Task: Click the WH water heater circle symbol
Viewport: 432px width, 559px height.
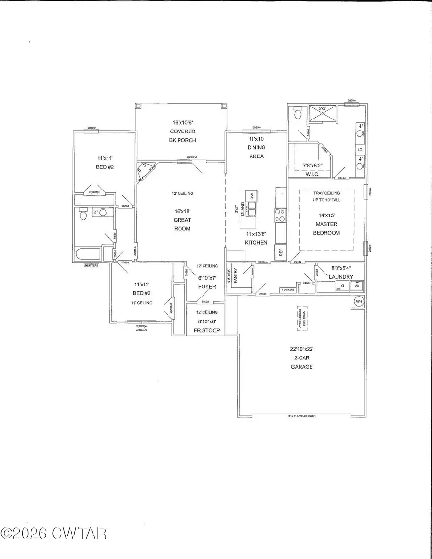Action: pyautogui.click(x=359, y=301)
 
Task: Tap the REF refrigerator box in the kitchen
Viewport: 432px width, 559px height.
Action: pyautogui.click(x=278, y=251)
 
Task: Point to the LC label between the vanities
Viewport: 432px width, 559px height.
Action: pyautogui.click(x=359, y=150)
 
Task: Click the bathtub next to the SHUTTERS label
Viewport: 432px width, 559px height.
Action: pyautogui.click(x=87, y=254)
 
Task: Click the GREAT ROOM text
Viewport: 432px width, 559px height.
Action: pyautogui.click(x=182, y=224)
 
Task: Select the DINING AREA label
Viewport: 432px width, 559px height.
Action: pyautogui.click(x=257, y=152)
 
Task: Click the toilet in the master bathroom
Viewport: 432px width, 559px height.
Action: pyautogui.click(x=298, y=113)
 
